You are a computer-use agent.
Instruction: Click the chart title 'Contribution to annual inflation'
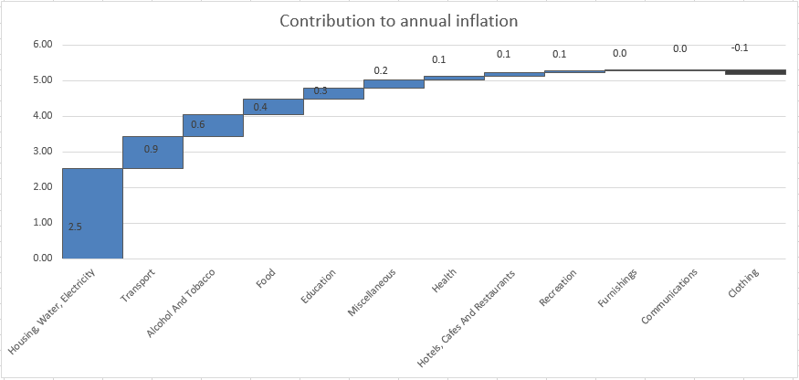tap(399, 21)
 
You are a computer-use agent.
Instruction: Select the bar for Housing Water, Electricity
tap(93, 213)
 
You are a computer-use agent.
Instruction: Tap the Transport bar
tap(152, 152)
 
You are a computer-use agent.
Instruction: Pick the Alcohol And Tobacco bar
tap(213, 125)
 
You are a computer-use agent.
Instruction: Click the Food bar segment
tap(273, 107)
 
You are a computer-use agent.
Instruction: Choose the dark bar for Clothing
tap(756, 72)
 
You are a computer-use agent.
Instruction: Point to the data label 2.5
tap(75, 227)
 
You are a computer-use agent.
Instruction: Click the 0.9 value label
tap(152, 150)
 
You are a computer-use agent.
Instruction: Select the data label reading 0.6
tap(198, 124)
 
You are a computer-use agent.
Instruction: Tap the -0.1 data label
tap(740, 47)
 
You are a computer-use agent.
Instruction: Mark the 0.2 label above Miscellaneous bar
tap(381, 71)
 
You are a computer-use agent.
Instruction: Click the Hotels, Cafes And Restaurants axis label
tap(467, 319)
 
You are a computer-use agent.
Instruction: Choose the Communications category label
tap(668, 296)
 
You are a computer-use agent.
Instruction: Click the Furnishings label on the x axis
tap(617, 288)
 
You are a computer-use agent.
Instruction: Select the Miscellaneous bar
tap(394, 84)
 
